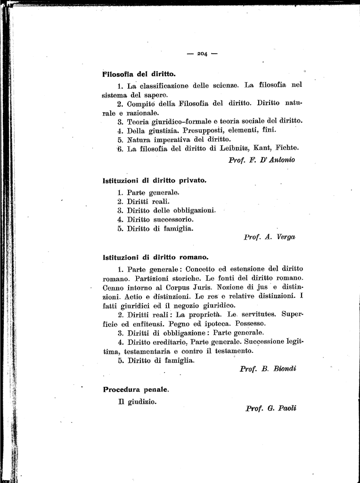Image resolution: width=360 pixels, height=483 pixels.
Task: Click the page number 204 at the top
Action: point(202,54)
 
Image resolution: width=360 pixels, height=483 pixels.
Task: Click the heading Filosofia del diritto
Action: point(139,74)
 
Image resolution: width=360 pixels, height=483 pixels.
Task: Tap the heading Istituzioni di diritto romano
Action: point(155,257)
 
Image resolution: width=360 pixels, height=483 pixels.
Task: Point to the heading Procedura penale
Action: point(136,390)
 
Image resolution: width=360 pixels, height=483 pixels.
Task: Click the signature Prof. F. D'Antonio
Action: point(262,159)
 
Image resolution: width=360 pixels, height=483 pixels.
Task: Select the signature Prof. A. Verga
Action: point(270,237)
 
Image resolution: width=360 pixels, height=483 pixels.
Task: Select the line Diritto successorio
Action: point(160,219)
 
